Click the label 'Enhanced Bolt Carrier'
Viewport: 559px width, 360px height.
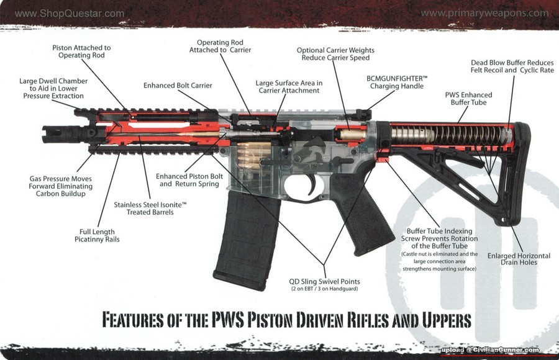[178, 85]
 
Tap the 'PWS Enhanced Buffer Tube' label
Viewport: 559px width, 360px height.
[468, 99]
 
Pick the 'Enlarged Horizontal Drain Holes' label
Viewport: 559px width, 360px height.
[519, 259]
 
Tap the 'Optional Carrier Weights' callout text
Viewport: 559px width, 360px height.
[335, 54]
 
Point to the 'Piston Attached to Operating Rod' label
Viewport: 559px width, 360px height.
[81, 51]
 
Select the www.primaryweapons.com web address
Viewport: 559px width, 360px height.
[484, 12]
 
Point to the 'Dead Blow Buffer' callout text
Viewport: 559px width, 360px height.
[512, 66]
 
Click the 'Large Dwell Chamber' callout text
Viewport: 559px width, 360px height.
[53, 89]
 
